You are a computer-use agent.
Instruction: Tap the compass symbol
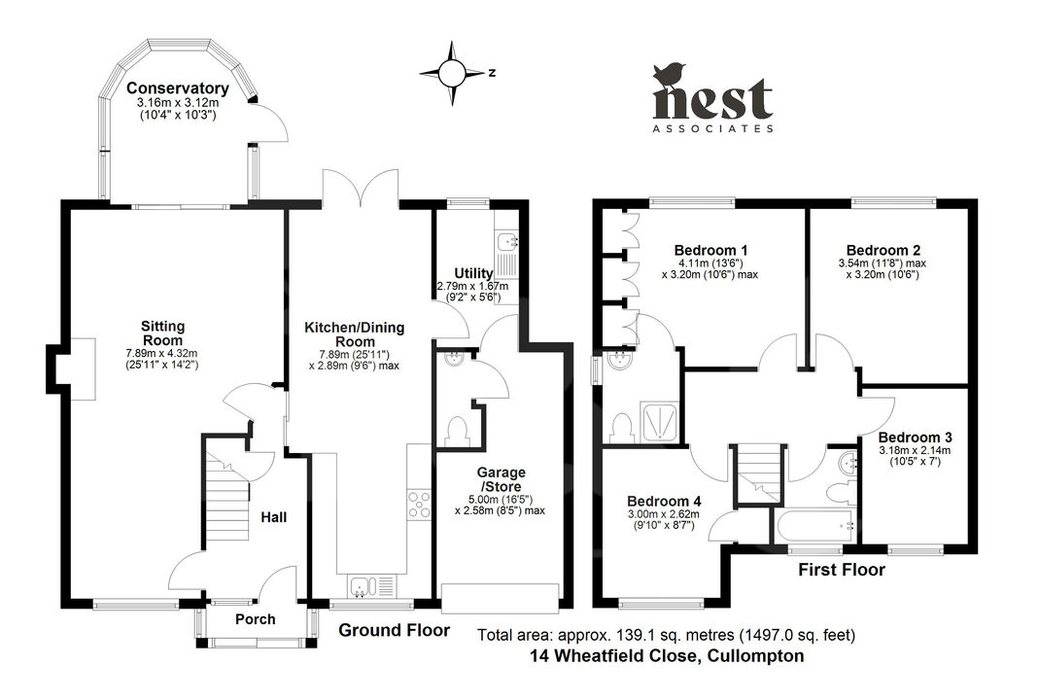click(x=452, y=72)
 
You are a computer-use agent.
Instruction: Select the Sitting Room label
click(x=162, y=332)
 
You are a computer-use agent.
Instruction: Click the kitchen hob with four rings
click(x=419, y=507)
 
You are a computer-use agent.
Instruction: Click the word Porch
click(x=256, y=619)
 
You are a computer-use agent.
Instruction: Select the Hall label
click(x=274, y=517)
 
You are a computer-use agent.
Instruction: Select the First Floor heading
click(x=842, y=570)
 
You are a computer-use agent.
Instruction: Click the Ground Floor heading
click(x=394, y=630)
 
